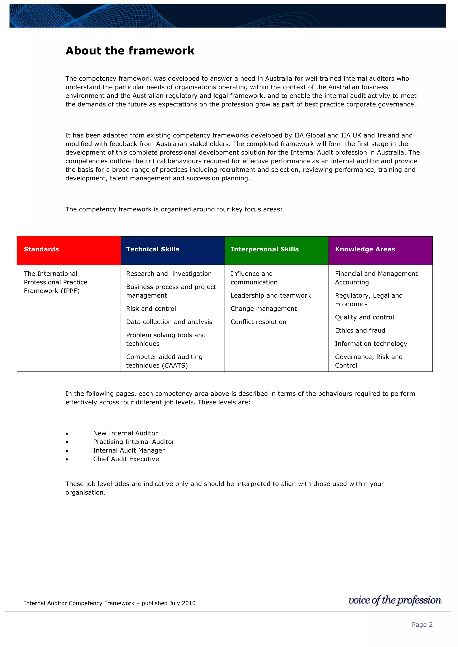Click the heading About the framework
(x=130, y=51)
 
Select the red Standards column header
(x=69, y=250)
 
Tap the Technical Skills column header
(x=173, y=250)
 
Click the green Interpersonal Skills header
(x=277, y=250)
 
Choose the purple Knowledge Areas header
(x=380, y=250)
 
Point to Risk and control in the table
(x=151, y=309)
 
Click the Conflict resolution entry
(x=258, y=322)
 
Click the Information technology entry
(x=371, y=344)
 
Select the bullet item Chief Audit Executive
(x=126, y=459)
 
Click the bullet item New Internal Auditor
(x=125, y=433)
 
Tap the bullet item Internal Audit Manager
(x=129, y=450)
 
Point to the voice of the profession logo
(x=395, y=600)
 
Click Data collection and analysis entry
(x=169, y=322)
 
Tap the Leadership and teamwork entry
(x=270, y=295)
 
